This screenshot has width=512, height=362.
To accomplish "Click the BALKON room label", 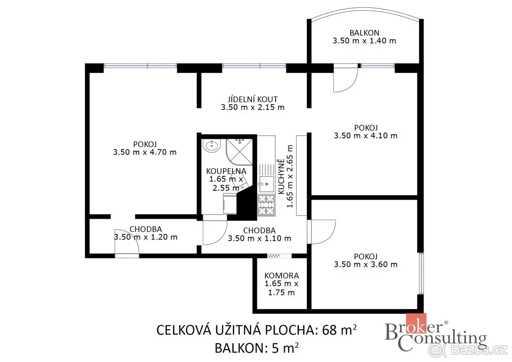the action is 364,33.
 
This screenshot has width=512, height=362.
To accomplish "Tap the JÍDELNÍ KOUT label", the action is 253,99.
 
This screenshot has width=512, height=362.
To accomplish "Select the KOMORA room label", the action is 281,276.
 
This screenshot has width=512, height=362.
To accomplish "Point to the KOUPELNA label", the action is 226,171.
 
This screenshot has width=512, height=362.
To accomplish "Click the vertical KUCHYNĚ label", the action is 282,177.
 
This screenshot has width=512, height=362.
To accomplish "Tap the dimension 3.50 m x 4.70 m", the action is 145,152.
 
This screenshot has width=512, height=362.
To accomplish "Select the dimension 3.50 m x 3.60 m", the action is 366,265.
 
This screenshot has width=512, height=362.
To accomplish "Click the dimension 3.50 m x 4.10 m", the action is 366,136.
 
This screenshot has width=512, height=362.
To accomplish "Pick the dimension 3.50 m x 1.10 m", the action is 259,239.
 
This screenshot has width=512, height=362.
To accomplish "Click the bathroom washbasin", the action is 212,146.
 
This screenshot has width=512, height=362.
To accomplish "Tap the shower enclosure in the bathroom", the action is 239,152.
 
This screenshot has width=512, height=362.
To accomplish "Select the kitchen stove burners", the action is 266,205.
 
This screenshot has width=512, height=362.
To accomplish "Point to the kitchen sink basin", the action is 267,184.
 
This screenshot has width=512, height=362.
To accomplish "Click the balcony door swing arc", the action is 351,85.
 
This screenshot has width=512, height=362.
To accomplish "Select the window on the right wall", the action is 421,273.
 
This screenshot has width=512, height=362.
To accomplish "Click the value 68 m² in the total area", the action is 339,330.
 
